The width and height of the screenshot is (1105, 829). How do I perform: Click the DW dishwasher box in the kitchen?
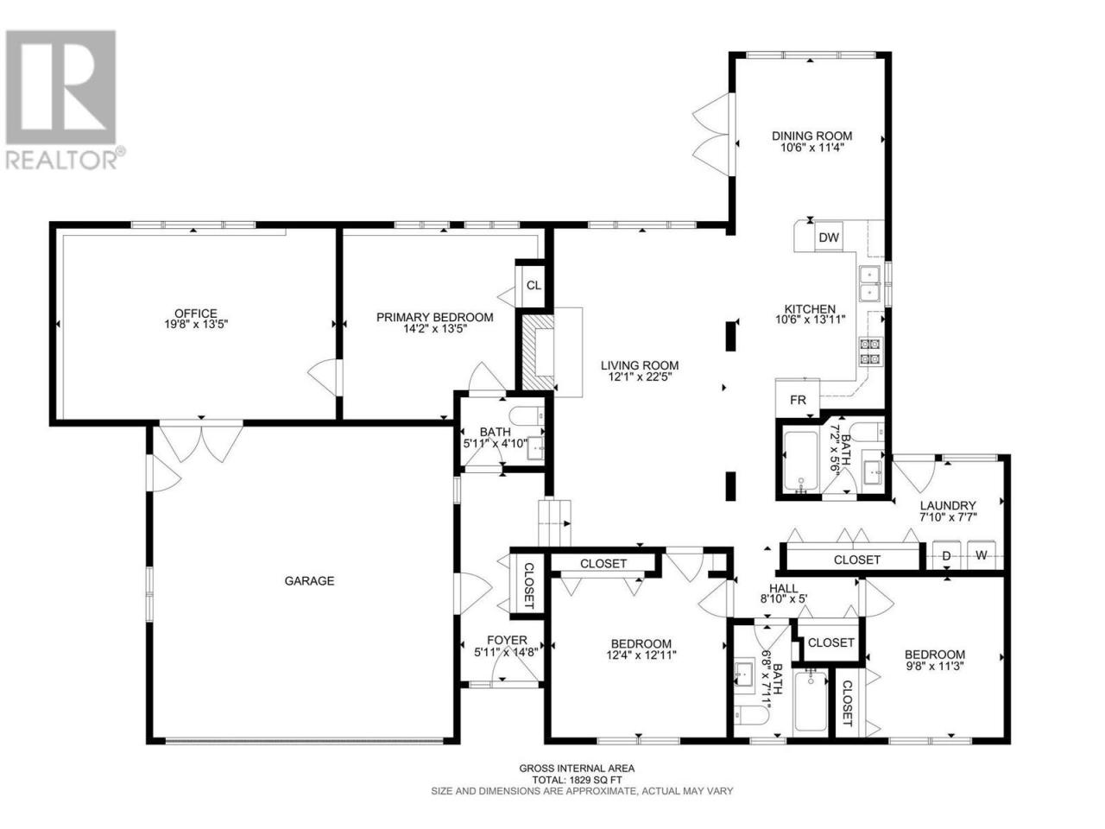(828, 237)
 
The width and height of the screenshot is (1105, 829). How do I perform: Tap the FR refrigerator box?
(798, 399)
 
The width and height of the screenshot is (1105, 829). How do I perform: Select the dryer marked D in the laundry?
(946, 555)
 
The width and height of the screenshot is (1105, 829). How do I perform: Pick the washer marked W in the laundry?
(982, 555)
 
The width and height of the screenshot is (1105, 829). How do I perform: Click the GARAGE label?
(309, 581)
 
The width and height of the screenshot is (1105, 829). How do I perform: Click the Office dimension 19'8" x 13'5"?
(196, 325)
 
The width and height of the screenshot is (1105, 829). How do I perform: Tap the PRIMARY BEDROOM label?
(435, 318)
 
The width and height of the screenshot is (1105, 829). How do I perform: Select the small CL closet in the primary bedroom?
(534, 285)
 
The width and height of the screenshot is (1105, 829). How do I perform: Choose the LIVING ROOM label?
(640, 365)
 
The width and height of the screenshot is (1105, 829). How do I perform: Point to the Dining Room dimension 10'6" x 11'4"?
(811, 148)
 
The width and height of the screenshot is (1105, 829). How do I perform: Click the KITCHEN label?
(811, 309)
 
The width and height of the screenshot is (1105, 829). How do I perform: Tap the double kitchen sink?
(869, 283)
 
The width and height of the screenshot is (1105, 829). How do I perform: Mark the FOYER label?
(507, 640)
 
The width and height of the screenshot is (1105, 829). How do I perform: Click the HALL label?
(783, 588)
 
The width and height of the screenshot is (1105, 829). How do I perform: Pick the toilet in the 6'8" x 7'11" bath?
(750, 715)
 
